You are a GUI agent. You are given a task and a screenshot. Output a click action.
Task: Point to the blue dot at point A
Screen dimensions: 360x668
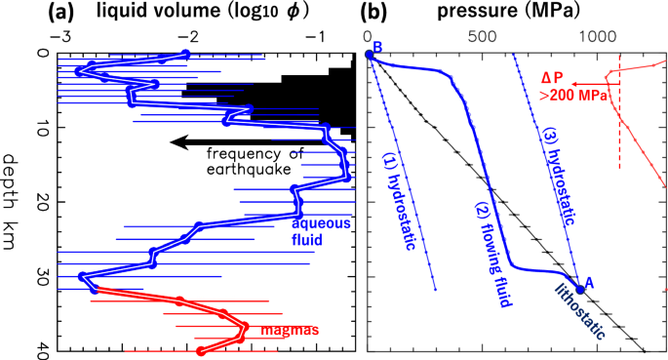(x=580, y=289)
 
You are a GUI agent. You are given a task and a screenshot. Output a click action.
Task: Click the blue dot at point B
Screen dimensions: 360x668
(x=370, y=55)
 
